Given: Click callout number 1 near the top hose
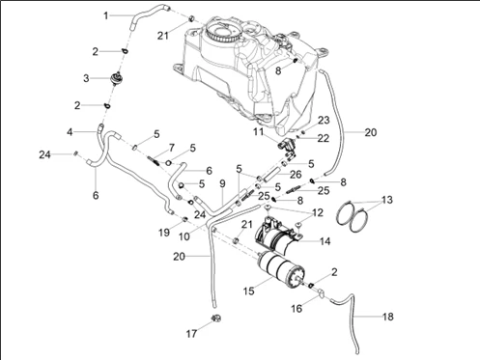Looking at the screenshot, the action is [x=106, y=15].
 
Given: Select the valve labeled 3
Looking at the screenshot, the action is [x=116, y=78].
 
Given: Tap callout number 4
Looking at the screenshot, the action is [x=70, y=132].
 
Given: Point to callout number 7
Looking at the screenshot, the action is [x=172, y=148].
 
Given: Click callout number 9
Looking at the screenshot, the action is [x=222, y=183].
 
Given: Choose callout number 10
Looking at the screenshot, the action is [x=184, y=236].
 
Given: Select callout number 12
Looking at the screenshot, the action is [x=318, y=212].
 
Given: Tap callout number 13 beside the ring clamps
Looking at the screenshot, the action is [x=387, y=200].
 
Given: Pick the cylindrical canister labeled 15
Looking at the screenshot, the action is [x=281, y=268].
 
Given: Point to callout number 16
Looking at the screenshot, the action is [x=296, y=309].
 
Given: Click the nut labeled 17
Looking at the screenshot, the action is [x=216, y=318].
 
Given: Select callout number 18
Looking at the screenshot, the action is [x=388, y=317].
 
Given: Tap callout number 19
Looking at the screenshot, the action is [x=164, y=233].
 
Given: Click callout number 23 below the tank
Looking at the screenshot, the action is [x=324, y=120].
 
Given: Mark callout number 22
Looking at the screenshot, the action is [x=324, y=138].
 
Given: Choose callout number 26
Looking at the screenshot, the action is [x=296, y=175].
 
